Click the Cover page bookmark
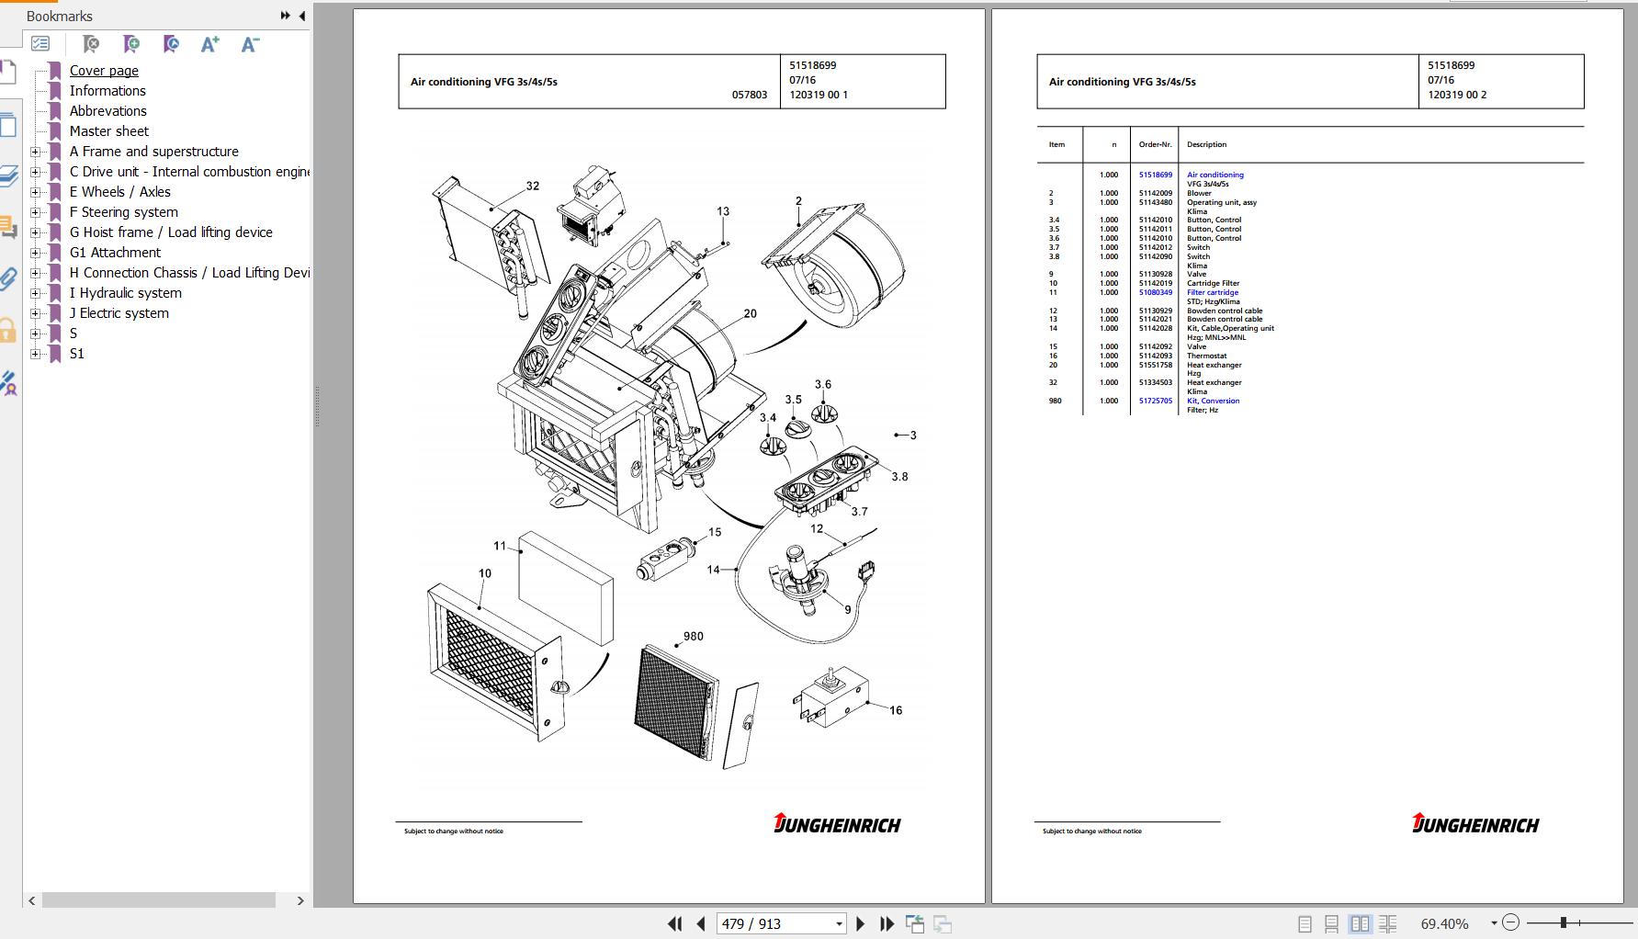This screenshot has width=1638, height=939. (x=104, y=71)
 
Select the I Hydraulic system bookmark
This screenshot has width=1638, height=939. (x=125, y=293)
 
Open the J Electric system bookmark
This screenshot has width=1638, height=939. (x=119, y=313)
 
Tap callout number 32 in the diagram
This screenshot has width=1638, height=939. (x=533, y=186)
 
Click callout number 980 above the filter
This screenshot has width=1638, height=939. (x=693, y=636)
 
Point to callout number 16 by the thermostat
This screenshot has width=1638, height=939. (x=896, y=710)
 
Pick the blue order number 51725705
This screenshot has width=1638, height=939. (x=1155, y=401)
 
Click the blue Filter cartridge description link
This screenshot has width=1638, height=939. (x=1212, y=292)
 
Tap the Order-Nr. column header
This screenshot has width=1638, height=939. (x=1155, y=144)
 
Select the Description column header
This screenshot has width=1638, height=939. (x=1206, y=144)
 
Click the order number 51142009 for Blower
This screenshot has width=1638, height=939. (x=1155, y=193)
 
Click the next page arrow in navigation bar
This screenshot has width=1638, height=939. (x=860, y=923)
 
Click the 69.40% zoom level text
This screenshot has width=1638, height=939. (x=1444, y=923)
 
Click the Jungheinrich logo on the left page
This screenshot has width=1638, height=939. (x=837, y=823)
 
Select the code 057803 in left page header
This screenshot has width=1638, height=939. (x=749, y=95)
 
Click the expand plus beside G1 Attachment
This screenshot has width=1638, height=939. (x=36, y=253)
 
